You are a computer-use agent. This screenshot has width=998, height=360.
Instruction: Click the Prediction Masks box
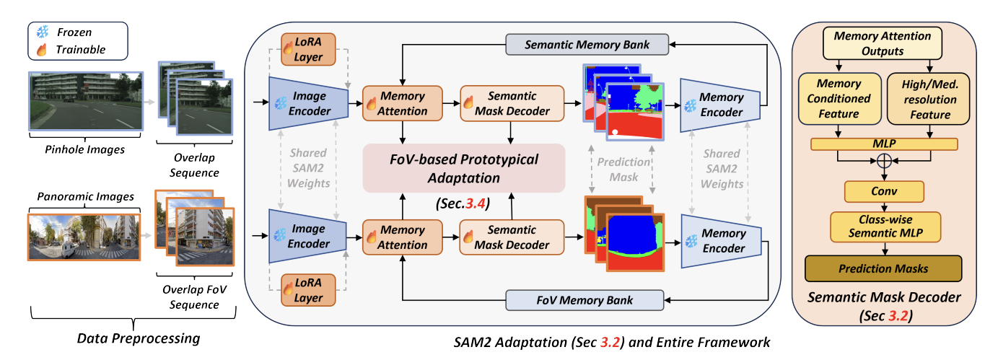pyautogui.click(x=883, y=268)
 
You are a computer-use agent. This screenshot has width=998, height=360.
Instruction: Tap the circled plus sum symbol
pyautogui.click(x=883, y=163)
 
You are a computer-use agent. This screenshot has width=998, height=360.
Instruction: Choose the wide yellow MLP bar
pyautogui.click(x=883, y=144)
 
